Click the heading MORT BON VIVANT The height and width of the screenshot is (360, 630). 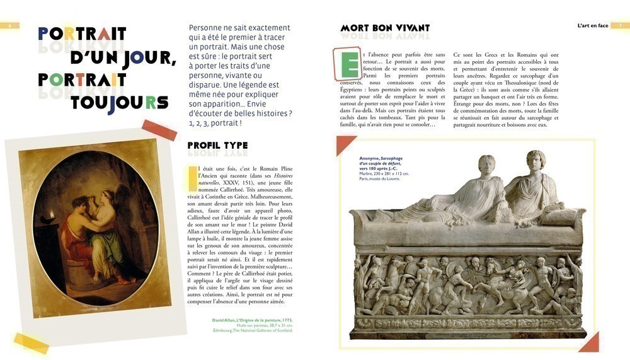click(385, 28)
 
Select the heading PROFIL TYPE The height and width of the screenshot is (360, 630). click(217, 146)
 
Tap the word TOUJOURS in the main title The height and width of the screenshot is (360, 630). click(119, 102)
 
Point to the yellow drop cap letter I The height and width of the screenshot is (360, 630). click(191, 177)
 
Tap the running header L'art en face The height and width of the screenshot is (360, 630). click(593, 26)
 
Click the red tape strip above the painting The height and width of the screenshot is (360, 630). click(159, 130)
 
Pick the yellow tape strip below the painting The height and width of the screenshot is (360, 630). click(31, 343)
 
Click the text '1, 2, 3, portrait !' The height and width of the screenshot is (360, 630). click(215, 123)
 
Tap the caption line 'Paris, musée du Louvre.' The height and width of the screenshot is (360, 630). click(379, 178)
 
